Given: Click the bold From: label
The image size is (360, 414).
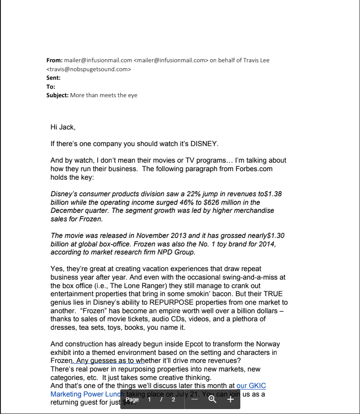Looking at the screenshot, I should point(54,60).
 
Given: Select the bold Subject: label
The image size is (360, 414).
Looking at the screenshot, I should point(57,95).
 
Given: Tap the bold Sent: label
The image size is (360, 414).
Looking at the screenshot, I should point(53,78).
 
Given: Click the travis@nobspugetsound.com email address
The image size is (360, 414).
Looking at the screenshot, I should point(89,69).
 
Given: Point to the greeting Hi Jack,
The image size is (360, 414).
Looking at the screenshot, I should point(63,127).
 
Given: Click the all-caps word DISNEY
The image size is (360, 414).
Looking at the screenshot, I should point(204,144).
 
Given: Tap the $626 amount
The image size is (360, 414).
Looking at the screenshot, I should point(212,202).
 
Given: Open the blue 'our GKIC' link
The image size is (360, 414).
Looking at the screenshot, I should point(251,385).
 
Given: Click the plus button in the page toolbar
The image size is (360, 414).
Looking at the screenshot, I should point(230,399).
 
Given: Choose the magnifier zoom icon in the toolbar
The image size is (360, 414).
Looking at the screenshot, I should point(213,399).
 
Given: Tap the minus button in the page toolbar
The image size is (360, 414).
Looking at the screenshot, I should point(194,399).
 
